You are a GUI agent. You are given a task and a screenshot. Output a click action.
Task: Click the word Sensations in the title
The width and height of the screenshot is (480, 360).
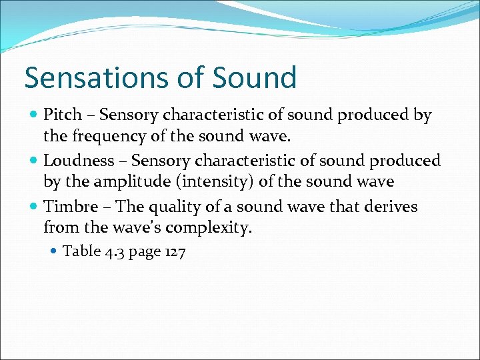pos(93,77)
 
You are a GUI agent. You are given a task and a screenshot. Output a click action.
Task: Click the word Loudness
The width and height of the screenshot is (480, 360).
pos(79,161)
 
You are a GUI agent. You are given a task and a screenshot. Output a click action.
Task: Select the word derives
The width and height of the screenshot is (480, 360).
pos(390,207)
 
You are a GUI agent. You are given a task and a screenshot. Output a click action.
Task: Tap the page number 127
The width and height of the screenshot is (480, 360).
pos(173,251)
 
